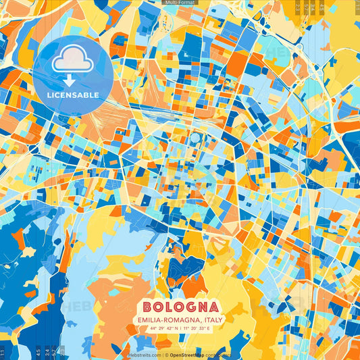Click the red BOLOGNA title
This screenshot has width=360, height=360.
[x=180, y=306]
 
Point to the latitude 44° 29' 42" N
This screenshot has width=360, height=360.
[x=162, y=328]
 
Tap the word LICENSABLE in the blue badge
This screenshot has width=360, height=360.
[x=73, y=95]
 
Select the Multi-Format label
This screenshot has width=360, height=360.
[x=180, y=3]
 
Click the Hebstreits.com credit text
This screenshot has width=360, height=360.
[x=144, y=355]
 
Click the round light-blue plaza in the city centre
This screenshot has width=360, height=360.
[x=195, y=138]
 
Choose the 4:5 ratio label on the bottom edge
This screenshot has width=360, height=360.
[x=37, y=352]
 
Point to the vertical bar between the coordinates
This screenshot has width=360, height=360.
[x=180, y=328]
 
